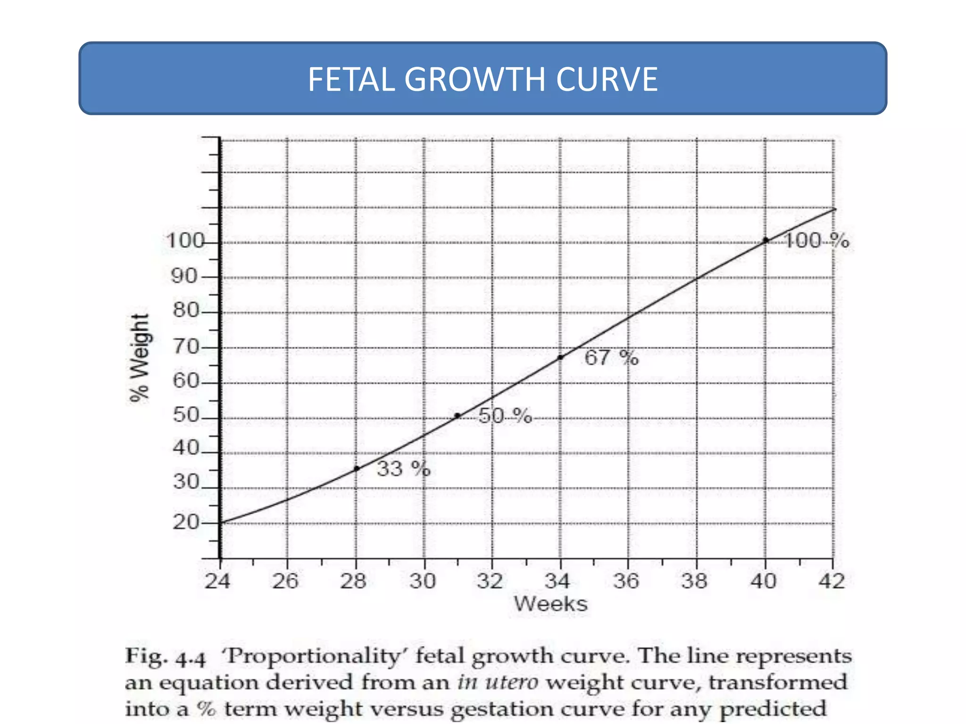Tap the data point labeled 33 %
coord(357,469)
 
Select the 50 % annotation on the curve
coord(505,416)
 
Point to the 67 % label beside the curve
coord(611,358)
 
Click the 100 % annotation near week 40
coord(816,241)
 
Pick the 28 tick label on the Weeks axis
coord(353,581)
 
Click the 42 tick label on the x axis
coord(832,581)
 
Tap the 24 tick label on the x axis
coord(217,581)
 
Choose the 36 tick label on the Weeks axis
coord(626,581)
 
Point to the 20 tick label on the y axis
coord(186,522)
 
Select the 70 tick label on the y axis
coord(186,347)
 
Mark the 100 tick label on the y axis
coord(184,241)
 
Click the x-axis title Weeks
coord(550,604)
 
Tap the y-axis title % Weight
coord(139,358)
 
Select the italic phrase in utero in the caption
coord(498,683)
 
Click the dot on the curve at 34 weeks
coord(560,358)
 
